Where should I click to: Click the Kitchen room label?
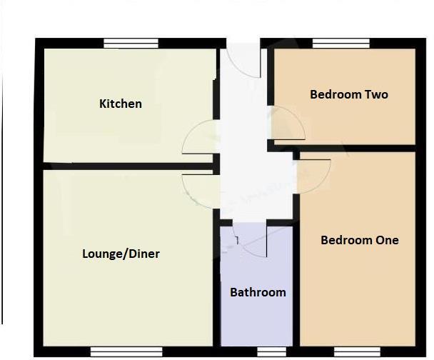[x=120, y=104]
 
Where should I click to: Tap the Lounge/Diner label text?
[x=121, y=254]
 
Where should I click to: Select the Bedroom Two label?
[x=349, y=94]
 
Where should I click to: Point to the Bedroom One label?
[x=359, y=240]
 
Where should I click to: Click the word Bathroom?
[x=258, y=292]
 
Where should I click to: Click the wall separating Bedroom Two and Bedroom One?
[x=357, y=147]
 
